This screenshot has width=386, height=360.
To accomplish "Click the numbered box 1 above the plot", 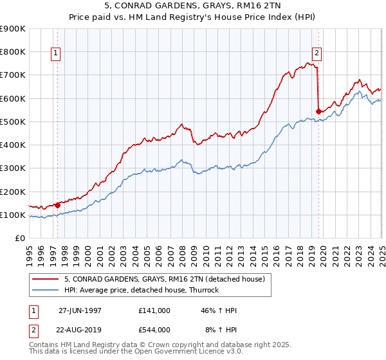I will [57, 54].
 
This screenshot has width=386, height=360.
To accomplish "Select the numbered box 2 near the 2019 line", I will [317, 54].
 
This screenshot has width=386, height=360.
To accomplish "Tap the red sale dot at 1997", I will [58, 205].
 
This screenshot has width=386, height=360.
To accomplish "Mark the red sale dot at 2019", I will [318, 111].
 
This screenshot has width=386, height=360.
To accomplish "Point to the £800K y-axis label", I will [13, 51].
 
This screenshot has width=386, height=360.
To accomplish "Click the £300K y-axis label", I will [13, 168].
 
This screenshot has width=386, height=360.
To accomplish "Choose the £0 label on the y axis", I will [19, 239].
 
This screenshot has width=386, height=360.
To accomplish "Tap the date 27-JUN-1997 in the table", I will [80, 310].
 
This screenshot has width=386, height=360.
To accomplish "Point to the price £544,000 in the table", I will [154, 330].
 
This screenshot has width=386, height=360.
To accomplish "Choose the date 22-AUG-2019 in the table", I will [81, 330].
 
